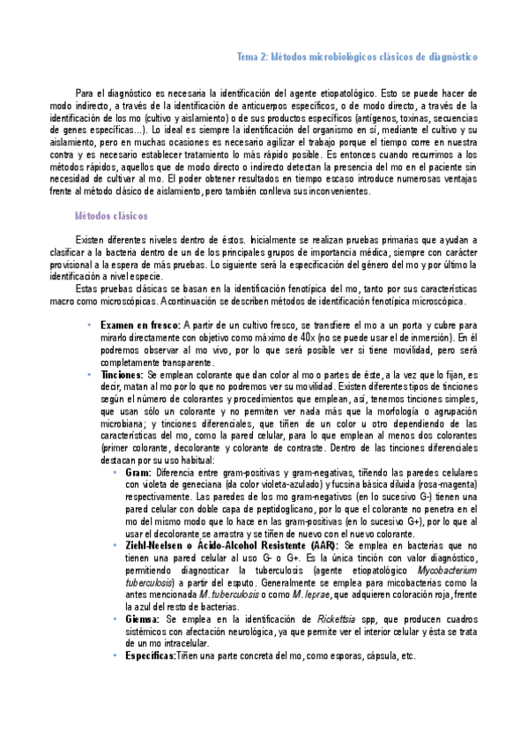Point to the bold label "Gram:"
(x=138, y=474)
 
